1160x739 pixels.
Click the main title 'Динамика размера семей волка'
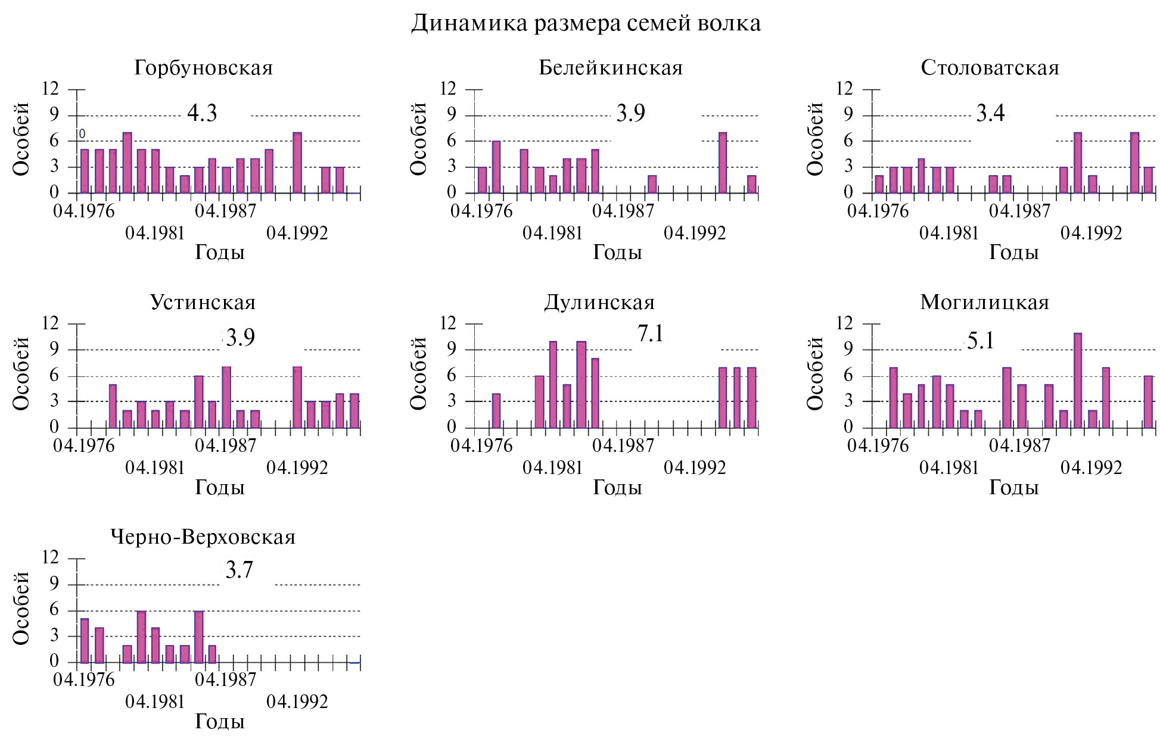[586, 24]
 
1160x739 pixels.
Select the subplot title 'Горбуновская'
[203, 68]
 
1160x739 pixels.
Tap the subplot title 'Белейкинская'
[611, 68]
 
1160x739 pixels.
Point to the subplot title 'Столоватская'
[990, 68]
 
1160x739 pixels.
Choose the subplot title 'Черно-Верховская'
[203, 537]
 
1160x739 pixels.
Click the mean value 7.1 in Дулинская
[650, 334]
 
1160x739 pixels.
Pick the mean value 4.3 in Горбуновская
[202, 113]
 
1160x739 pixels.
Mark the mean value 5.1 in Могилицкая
[981, 341]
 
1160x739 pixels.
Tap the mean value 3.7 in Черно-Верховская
[240, 570]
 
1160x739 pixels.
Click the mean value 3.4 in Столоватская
[990, 113]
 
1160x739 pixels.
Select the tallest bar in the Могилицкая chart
[1078, 380]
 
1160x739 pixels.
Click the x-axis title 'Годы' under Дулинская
[617, 488]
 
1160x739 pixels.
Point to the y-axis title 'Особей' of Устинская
[21, 373]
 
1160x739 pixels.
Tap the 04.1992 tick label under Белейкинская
[695, 233]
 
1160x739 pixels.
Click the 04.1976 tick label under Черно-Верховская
[84, 680]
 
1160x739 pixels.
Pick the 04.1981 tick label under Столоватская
[949, 233]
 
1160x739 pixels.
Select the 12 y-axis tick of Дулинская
[447, 323]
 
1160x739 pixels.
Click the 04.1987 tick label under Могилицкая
[1020, 445]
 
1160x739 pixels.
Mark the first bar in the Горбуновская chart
[85, 171]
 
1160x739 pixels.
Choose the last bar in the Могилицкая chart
[1149, 402]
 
